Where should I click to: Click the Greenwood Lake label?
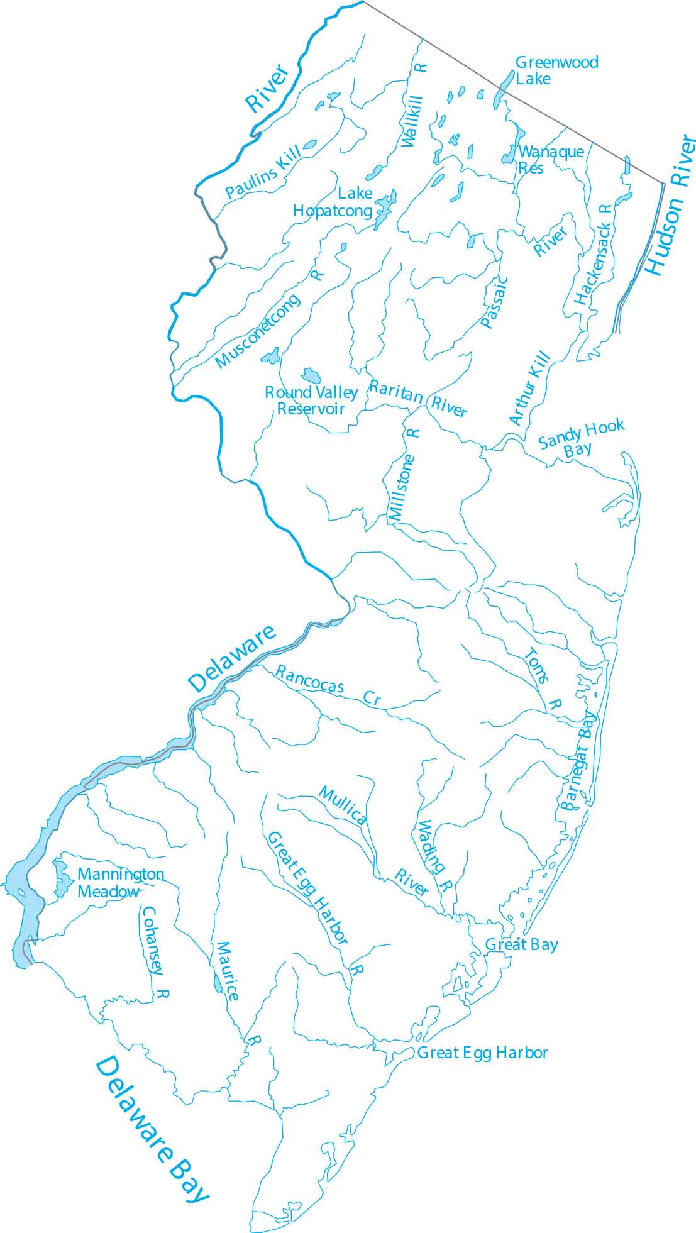coord(556,70)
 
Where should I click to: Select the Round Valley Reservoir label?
coord(311,401)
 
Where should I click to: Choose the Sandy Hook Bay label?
coord(580,439)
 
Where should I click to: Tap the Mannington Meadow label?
coord(120,883)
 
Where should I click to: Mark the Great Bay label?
coord(521,944)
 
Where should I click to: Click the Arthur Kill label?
coord(529,389)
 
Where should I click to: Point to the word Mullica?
coord(343,805)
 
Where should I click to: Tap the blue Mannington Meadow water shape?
coord(61,877)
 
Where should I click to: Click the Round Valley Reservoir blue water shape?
coord(311,376)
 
